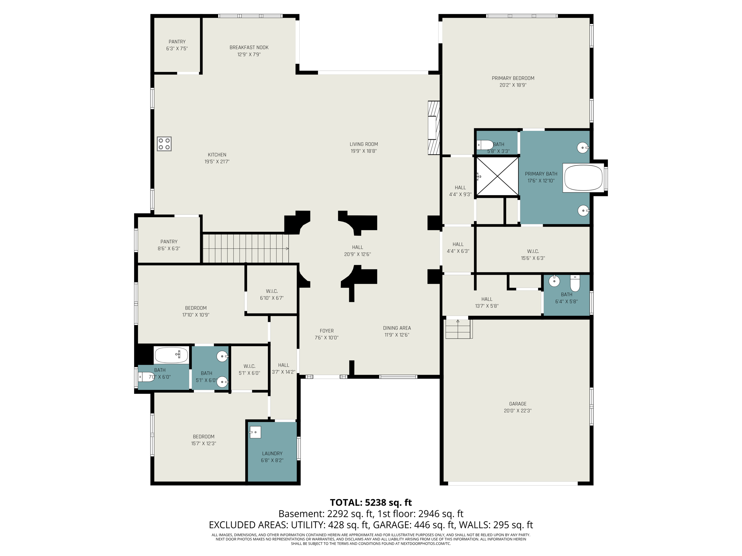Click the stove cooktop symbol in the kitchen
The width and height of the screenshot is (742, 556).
[164, 144]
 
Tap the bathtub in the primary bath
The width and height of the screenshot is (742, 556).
[583, 178]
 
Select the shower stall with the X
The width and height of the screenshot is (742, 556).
[497, 177]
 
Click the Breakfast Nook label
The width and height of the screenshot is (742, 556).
[249, 47]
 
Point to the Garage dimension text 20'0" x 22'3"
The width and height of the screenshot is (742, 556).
[517, 410]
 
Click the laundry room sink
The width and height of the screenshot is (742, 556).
[255, 432]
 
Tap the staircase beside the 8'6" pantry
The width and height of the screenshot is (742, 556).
[245, 248]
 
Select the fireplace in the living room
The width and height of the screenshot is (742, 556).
[434, 128]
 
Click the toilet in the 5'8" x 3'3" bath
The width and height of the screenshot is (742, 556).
[485, 145]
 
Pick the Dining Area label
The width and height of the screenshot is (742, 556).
[397, 328]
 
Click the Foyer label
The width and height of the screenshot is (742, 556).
[326, 331]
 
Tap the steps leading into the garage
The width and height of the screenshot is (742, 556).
[458, 329]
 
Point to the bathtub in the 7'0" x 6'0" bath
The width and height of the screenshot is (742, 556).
[171, 355]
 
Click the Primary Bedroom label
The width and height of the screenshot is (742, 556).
[513, 78]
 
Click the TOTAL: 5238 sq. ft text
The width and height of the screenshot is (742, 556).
[371, 502]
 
